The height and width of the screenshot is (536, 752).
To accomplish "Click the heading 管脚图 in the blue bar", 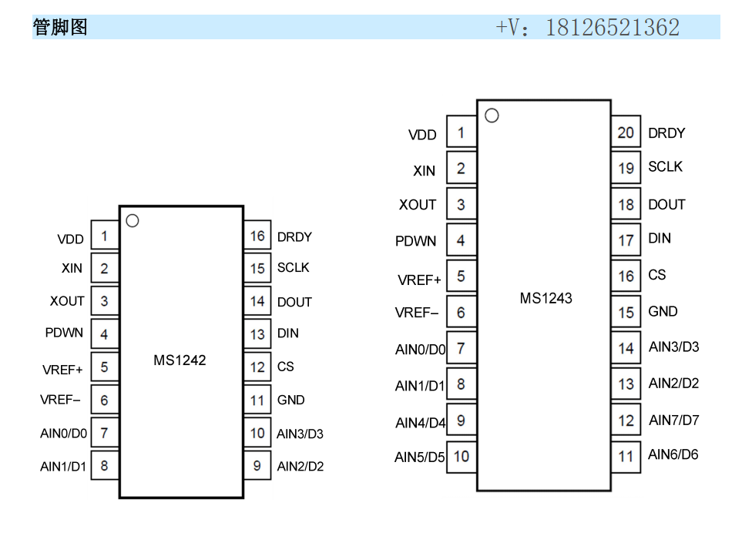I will pos(60,28).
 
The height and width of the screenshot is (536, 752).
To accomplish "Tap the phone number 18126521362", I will pos(612,28).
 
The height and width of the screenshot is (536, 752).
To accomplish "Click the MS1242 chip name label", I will pos(180,360).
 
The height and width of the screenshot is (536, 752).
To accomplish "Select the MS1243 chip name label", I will pos(546,298).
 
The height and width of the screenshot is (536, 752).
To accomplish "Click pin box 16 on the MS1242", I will pos(257,236).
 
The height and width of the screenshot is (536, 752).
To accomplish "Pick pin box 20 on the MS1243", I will pos(626,132).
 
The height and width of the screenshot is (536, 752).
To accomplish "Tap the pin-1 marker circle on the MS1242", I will pos(132,221).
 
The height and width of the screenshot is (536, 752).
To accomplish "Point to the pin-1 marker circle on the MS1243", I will pos(492,116).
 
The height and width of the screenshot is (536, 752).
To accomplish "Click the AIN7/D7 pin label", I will pos(673,420).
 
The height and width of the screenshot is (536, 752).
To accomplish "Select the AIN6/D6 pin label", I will pos(673,454).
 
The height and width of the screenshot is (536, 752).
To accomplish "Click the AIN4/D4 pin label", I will pos(420,423).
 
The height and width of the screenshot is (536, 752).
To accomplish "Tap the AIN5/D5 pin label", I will pos(419,457).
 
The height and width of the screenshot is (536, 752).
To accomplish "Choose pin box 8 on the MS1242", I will pos(104,466).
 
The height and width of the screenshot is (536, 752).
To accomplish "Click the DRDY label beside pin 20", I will pos(666,133).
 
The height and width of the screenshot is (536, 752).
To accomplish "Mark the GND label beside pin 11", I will pos(290,400).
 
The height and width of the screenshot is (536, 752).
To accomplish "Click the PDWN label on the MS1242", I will pos(64,333).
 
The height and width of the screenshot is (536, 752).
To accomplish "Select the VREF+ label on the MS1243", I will pos(419,280).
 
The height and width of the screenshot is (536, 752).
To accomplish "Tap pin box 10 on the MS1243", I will pos(461,456).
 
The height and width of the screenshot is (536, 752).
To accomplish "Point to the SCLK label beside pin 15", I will pos(293,268).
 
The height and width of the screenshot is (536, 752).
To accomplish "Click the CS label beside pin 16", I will pos(656,275).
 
